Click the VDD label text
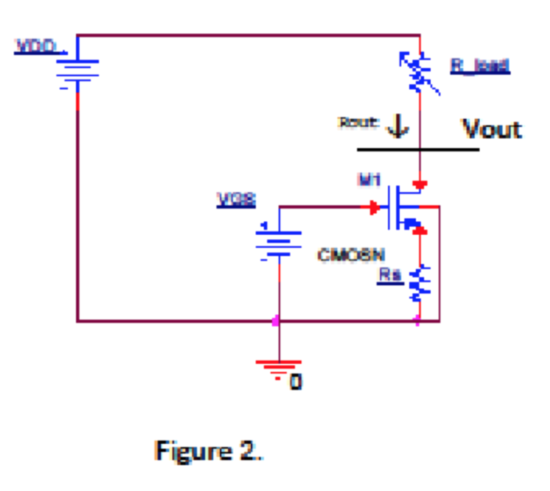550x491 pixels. pyautogui.click(x=37, y=47)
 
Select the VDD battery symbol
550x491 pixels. pyautogui.click(x=78, y=73)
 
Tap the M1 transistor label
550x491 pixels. pyautogui.click(x=368, y=180)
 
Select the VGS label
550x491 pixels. pyautogui.click(x=236, y=200)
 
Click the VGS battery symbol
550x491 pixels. pyautogui.click(x=279, y=241)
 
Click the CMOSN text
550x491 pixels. pyautogui.click(x=351, y=255)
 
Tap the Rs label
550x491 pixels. pyautogui.click(x=389, y=275)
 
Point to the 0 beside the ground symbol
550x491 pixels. pyautogui.click(x=295, y=382)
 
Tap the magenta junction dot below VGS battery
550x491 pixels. pyautogui.click(x=276, y=321)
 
